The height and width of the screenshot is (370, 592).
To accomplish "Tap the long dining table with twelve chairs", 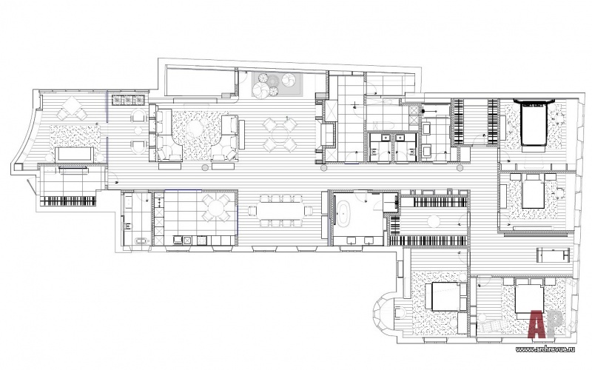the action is [x=281, y=210].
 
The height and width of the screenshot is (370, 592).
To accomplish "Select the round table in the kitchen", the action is [x=216, y=208].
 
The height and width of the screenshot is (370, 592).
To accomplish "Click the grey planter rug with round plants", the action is [x=277, y=84].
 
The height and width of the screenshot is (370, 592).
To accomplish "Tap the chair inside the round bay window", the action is [x=400, y=313].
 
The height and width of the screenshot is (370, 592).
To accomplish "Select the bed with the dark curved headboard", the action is [x=534, y=122].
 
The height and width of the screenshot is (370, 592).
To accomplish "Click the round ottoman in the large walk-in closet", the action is [x=434, y=221].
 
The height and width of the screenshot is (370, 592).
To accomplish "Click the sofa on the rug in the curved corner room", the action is [x=75, y=155].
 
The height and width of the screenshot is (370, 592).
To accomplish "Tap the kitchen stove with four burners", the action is [x=201, y=239].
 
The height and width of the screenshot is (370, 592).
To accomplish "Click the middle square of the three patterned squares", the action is [x=129, y=100].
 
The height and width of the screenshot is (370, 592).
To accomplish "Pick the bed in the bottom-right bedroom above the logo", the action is [x=528, y=297].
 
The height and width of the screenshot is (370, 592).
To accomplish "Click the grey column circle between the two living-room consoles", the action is [x=205, y=167].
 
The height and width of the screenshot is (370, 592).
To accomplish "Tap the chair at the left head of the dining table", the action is [x=252, y=211].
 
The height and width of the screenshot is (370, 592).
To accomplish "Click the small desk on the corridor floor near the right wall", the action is [x=554, y=254].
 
